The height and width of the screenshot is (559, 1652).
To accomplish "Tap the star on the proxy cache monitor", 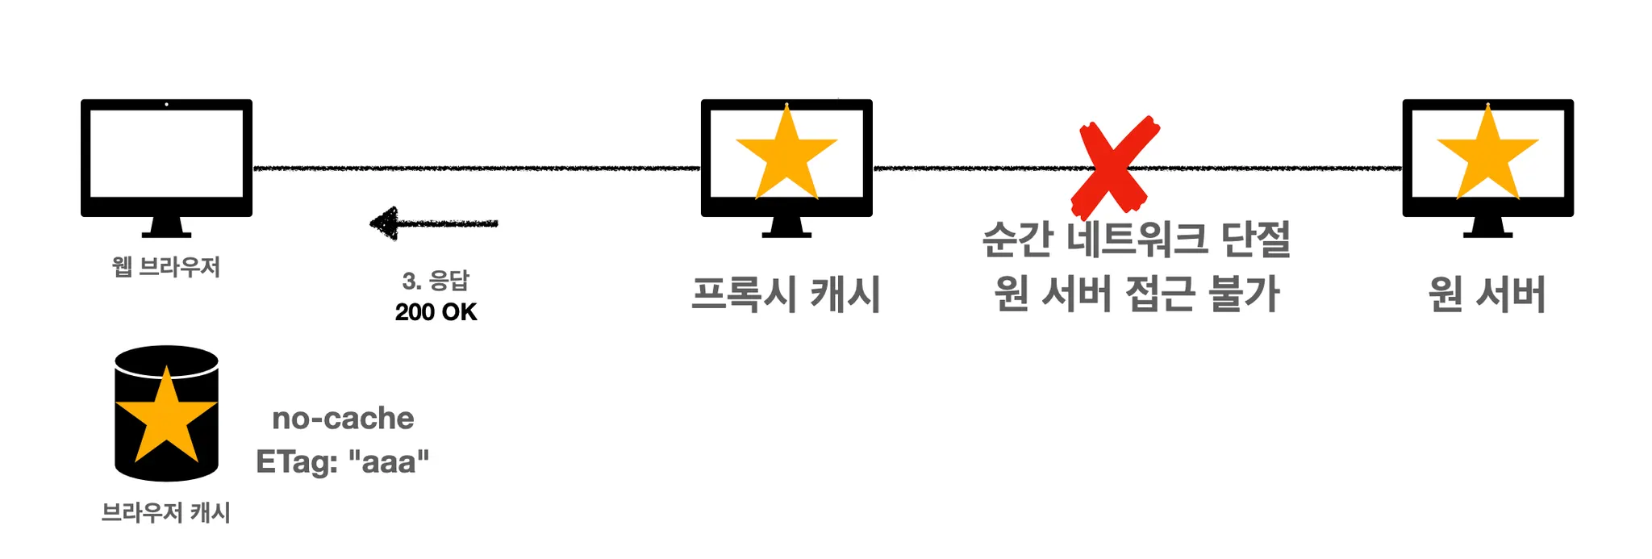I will click(x=786, y=156).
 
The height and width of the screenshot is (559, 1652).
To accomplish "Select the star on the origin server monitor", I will click(x=1487, y=156).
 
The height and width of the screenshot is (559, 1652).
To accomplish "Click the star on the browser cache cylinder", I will click(x=166, y=418).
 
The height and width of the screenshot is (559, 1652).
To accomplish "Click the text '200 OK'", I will click(x=436, y=312).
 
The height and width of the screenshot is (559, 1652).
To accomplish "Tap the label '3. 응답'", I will click(x=436, y=281).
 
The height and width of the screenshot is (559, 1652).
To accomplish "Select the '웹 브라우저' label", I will click(x=166, y=267).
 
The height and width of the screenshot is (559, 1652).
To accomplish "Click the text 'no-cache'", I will click(x=343, y=419).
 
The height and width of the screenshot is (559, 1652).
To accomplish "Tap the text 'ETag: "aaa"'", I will click(x=342, y=462).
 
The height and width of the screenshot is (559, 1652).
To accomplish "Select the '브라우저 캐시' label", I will click(x=166, y=512).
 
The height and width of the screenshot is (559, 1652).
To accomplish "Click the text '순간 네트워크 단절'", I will click(x=1136, y=240).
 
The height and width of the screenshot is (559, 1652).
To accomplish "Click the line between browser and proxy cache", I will click(x=476, y=168).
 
